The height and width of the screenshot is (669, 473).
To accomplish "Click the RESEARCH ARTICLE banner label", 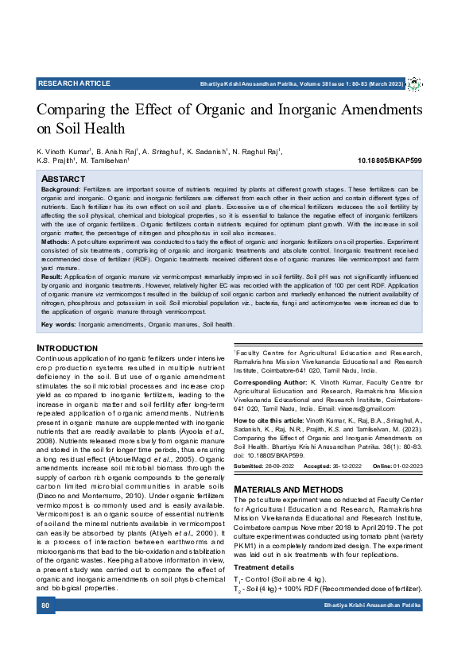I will pyautogui.click(x=74, y=83).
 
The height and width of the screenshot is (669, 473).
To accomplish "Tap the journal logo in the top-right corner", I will pyautogui.click(x=414, y=84).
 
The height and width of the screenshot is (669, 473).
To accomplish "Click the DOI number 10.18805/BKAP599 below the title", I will pyautogui.click(x=394, y=160).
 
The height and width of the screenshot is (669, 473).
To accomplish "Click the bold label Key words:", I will pyautogui.click(x=59, y=324).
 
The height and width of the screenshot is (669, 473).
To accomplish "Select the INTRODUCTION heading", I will pyautogui.click(x=68, y=349).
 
